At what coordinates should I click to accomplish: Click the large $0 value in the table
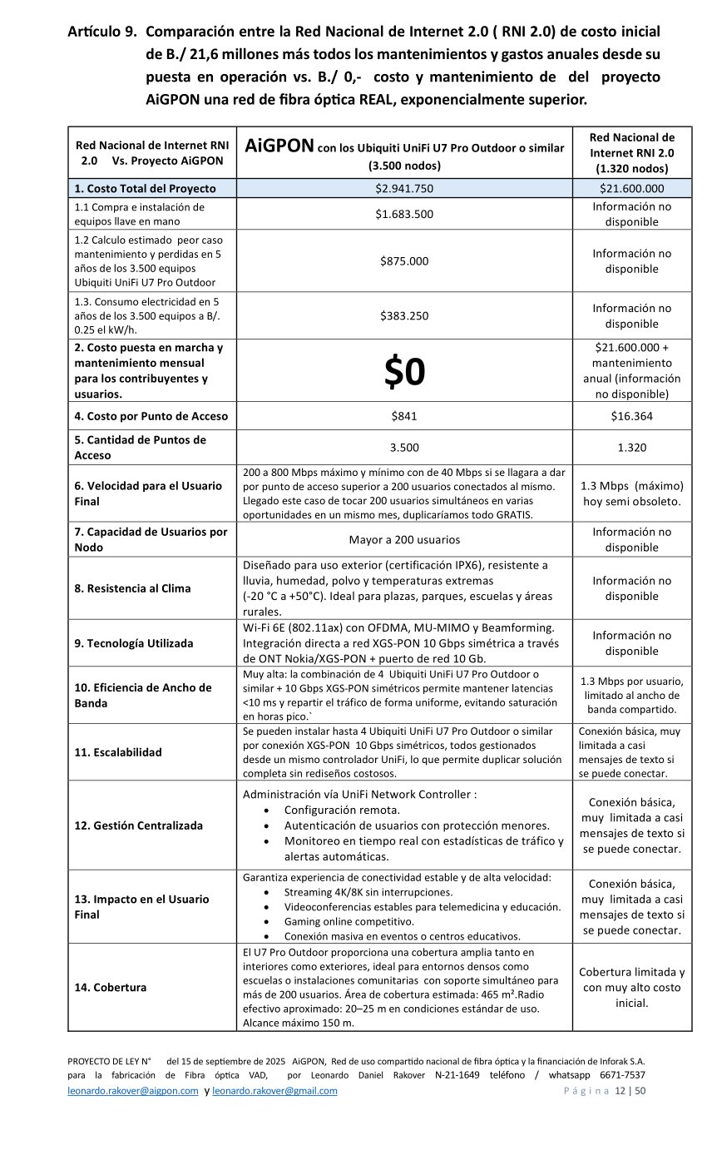coord(404,374)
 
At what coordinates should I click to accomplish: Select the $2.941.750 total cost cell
coord(404,188)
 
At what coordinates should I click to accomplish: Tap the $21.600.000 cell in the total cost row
coord(631,188)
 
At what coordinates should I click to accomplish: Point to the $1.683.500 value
coord(404,214)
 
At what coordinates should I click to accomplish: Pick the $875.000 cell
coord(404,260)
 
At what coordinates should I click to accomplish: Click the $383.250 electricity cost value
coord(404,315)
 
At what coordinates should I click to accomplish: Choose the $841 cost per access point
coord(404,416)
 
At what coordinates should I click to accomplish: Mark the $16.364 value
coord(631,416)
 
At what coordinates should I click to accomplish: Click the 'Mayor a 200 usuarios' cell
coord(404,538)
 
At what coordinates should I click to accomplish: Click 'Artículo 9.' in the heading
coord(102,32)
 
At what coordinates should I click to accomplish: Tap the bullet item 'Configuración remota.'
coord(342,810)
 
